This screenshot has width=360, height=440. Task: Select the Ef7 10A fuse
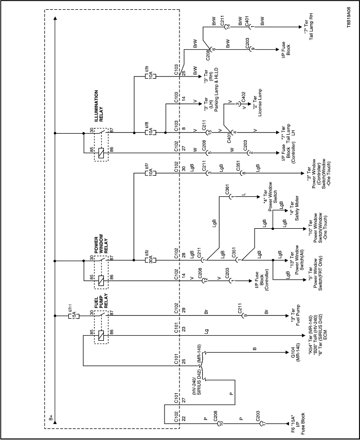click(146, 168)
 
